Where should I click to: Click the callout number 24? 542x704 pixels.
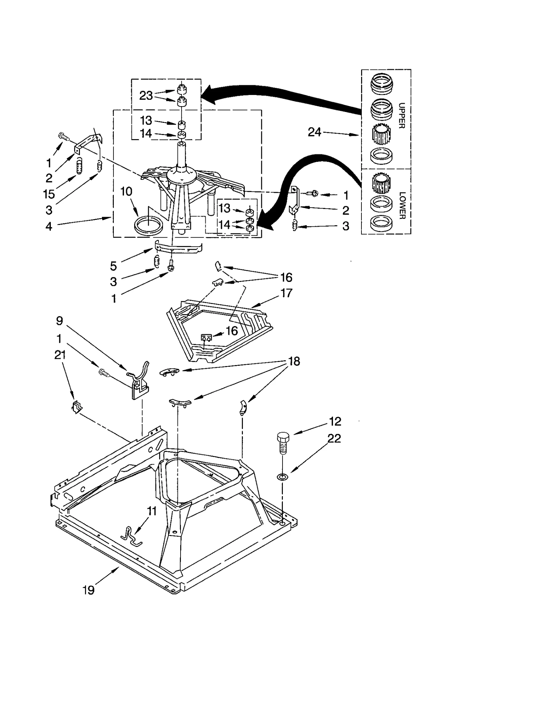[314, 132]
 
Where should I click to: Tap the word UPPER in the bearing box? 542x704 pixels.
[402, 116]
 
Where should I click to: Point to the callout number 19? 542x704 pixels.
[88, 590]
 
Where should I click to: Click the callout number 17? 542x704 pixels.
[286, 293]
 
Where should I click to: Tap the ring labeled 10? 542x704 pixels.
[148, 225]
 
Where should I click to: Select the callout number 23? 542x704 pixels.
[146, 96]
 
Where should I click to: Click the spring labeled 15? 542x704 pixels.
[79, 167]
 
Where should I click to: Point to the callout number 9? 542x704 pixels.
[60, 321]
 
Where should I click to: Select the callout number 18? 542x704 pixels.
[294, 361]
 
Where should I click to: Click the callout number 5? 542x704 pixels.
[113, 266]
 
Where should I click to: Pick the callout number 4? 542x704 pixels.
[49, 226]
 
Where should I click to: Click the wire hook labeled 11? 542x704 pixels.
[131, 536]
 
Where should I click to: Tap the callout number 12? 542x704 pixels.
[335, 421]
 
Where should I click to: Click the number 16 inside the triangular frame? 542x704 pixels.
[232, 331]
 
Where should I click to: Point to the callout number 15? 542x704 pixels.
[49, 194]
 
